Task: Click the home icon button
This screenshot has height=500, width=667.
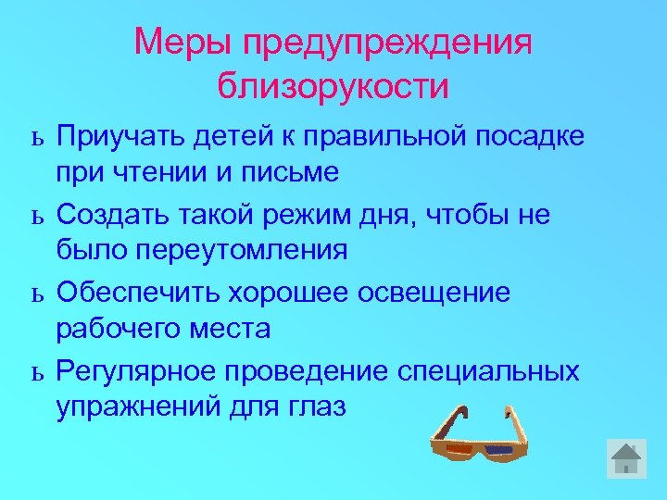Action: point(626,459)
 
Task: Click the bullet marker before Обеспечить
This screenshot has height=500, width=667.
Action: point(36,294)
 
